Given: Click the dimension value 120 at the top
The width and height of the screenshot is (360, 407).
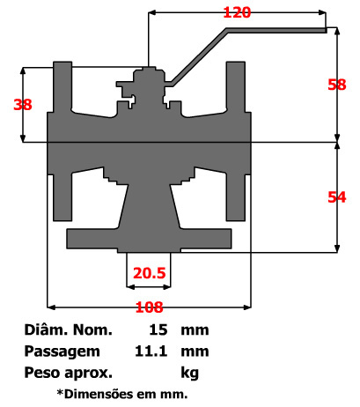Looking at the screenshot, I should pos(237,13).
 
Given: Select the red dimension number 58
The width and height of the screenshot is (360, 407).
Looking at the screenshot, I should pos(336,85).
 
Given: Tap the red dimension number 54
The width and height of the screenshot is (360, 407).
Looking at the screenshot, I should pos(336,197).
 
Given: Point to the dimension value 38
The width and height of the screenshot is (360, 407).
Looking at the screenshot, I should pos(23,104).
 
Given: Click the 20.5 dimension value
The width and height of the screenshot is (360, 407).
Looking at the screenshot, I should pos(150,273).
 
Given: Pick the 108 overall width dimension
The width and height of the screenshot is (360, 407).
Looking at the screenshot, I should pos(149,307).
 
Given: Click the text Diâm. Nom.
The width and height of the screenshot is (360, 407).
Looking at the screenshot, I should pos(69,331).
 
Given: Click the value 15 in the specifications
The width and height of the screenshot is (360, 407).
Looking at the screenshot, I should pos(159,331).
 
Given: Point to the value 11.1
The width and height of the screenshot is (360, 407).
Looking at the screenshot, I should pos(151,351).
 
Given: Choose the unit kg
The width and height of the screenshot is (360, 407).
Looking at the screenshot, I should pos(189,371).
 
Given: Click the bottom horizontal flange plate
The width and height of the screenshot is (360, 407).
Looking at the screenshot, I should pos(150,238).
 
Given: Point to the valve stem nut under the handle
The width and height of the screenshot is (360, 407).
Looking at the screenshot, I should pos(149,80).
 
